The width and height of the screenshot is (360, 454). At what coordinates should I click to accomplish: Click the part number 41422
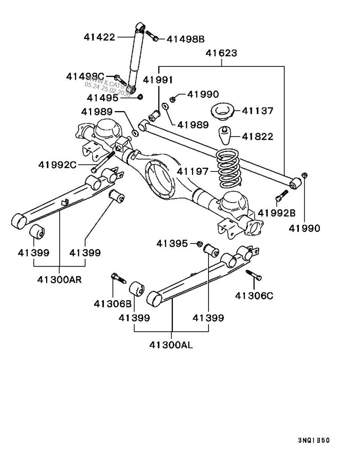[99, 37]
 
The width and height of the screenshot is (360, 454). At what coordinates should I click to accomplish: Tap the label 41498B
[185, 39]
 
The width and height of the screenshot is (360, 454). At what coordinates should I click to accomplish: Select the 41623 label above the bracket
[221, 54]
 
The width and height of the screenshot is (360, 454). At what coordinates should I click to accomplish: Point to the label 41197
[192, 170]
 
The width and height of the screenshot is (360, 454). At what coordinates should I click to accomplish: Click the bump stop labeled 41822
[225, 136]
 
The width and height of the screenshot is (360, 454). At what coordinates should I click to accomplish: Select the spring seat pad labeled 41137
[221, 111]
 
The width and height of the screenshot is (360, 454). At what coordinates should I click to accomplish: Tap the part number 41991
[158, 80]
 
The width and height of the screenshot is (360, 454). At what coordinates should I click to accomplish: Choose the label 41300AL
[172, 345]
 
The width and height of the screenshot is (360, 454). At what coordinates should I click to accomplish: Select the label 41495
[102, 97]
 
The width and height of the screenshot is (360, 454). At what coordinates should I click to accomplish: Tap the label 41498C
[86, 76]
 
